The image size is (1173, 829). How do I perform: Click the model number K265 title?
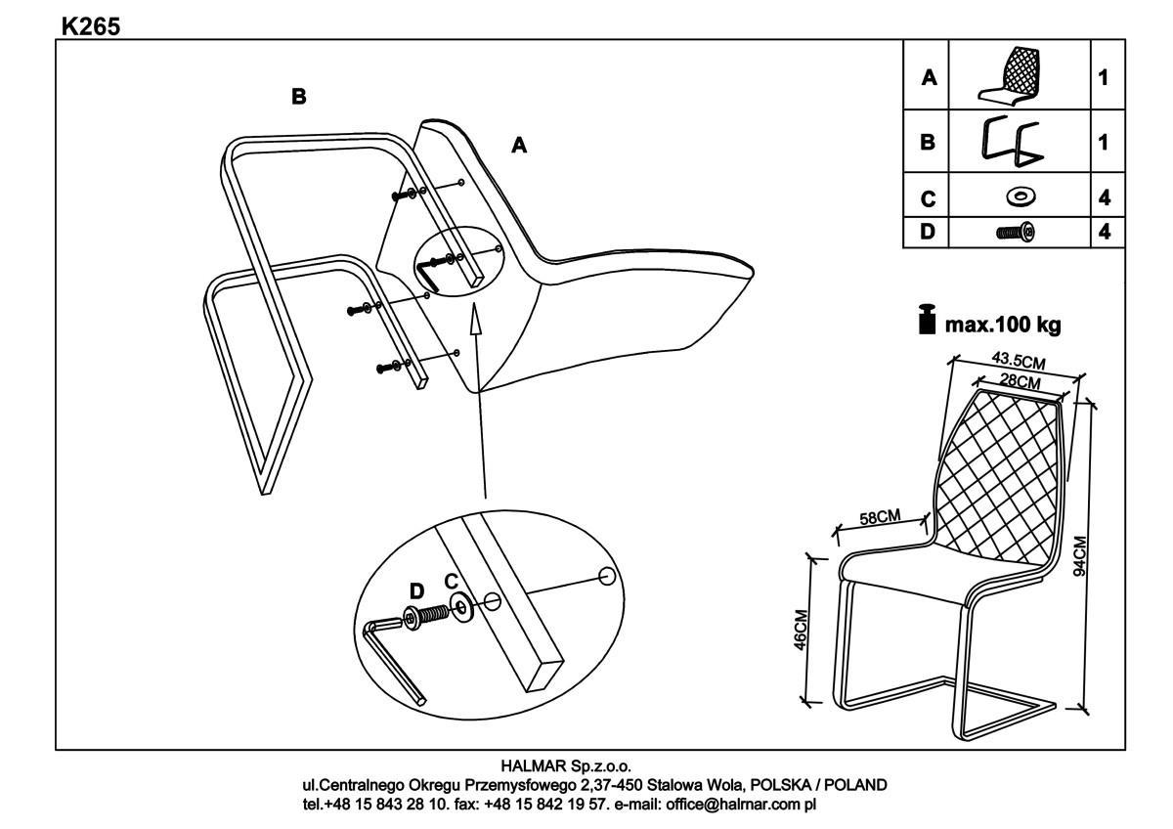click(90, 26)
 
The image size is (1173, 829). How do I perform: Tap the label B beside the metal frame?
click(299, 96)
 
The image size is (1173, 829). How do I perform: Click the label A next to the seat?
click(519, 145)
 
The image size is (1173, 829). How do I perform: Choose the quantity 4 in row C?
click(1105, 197)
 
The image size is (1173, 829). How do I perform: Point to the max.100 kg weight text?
click(1000, 323)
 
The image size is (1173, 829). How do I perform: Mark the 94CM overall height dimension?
click(1079, 555)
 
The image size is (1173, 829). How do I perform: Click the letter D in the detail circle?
click(416, 589)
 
